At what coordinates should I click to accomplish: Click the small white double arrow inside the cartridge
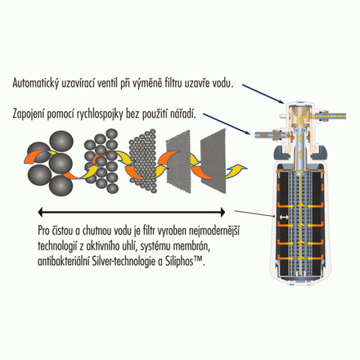click(x=284, y=217)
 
